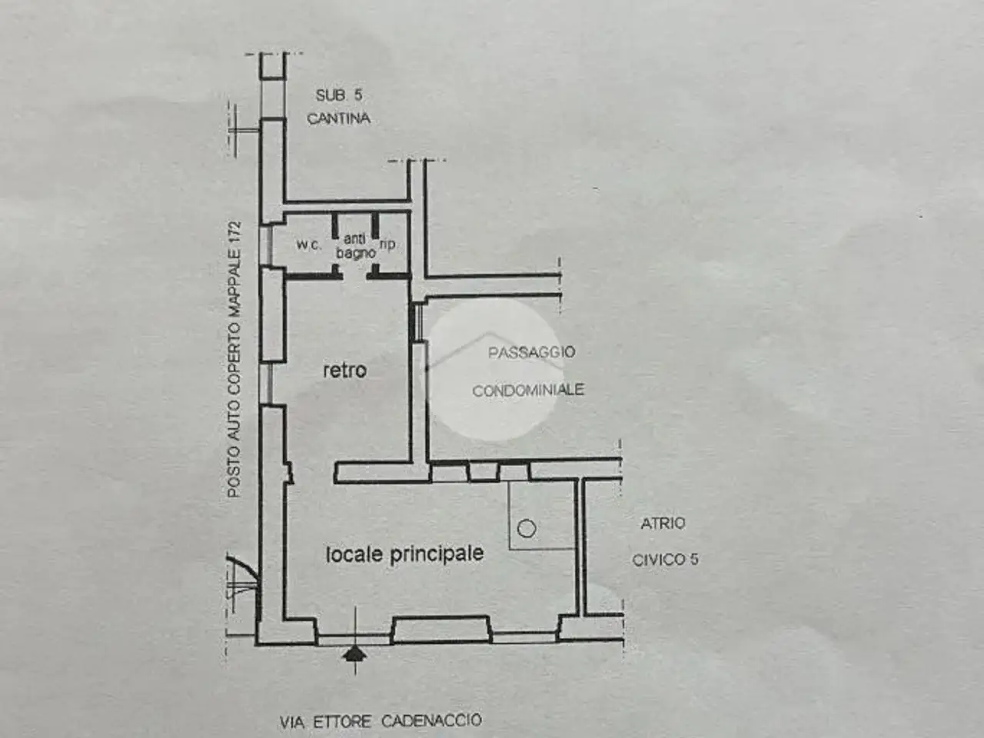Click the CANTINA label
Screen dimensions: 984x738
pos(338,118)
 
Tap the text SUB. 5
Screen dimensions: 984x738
pos(339,95)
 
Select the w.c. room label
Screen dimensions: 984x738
pos(308,244)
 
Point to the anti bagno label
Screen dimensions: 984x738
pos(355,246)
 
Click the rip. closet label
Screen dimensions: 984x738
pos(387,244)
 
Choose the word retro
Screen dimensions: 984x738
pos(344,371)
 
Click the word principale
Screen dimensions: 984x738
pos(437,553)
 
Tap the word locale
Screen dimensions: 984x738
pos(354,555)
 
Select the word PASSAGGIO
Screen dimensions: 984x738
pos(531,352)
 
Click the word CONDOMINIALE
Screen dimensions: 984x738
pos(528,390)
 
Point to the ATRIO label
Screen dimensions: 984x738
pos(663,524)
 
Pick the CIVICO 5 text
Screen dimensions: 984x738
pos(665,560)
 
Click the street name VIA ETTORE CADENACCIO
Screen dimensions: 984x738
pos(381,721)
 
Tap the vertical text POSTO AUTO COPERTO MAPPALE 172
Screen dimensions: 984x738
pos(234,359)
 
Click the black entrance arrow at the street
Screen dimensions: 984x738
pos(355,654)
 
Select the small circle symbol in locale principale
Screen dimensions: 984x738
pos(527,528)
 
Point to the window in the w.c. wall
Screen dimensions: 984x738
pos(265,246)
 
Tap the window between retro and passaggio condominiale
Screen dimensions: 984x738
pos(417,323)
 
